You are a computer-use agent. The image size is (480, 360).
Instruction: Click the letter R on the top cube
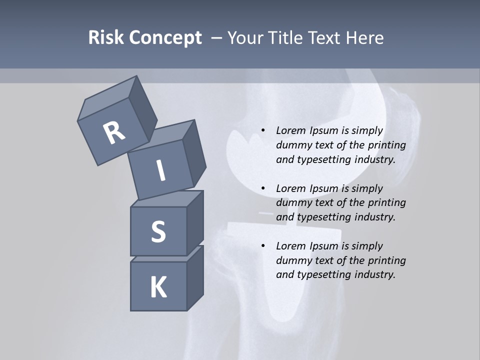pos(114,132)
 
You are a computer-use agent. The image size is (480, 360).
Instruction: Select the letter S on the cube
pos(158,231)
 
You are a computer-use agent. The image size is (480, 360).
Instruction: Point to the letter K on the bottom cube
pos(158,287)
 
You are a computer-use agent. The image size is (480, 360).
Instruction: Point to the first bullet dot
pos(263,131)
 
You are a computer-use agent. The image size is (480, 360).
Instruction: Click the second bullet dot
pos(263,188)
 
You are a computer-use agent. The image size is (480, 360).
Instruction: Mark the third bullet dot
pos(263,246)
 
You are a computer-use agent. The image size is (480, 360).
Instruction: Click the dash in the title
pos(216,38)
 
